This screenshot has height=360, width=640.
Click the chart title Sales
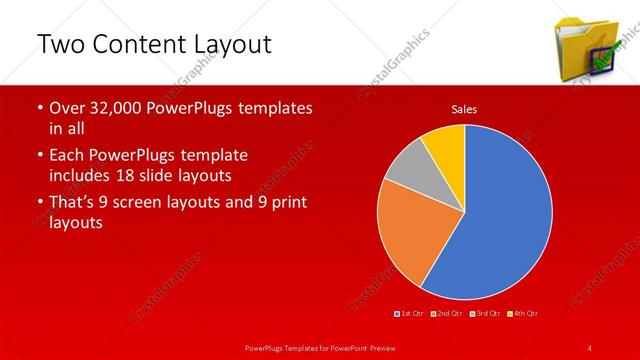[464, 108]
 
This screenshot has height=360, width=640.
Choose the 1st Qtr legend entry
[411, 314]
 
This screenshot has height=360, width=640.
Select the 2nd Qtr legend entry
[447, 314]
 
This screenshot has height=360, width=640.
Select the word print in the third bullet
[285, 203]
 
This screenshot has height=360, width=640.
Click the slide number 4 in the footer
[590, 347]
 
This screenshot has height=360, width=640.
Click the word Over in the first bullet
[67, 108]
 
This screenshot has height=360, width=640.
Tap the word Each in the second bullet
[67, 156]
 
